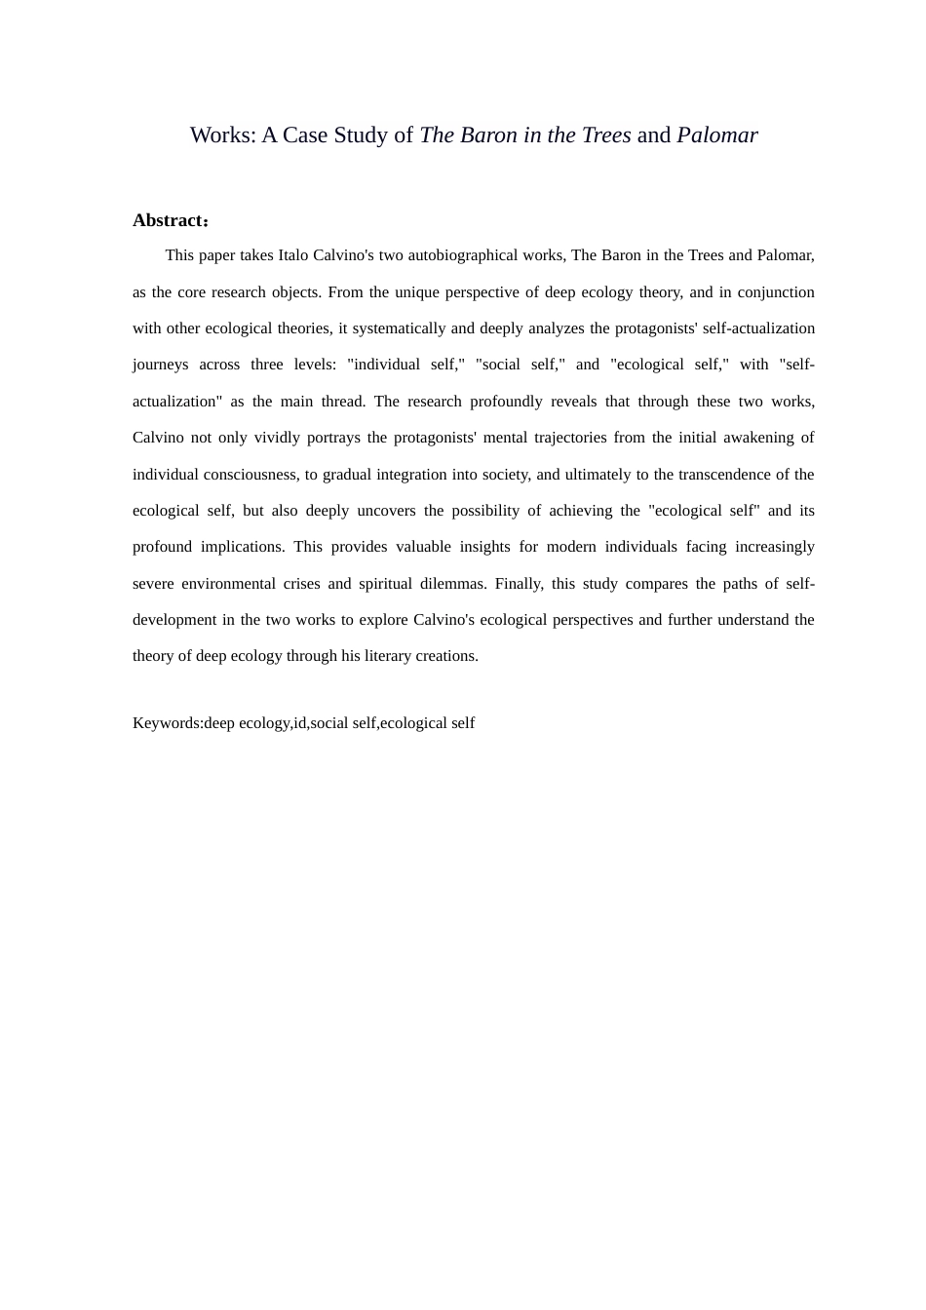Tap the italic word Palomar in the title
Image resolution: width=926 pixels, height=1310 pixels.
point(716,135)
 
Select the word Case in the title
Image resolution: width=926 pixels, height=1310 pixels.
point(305,135)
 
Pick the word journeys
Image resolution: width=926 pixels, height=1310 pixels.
point(161,365)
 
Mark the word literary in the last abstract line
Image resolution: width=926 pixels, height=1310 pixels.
point(392,656)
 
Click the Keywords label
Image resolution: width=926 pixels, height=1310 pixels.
point(167,723)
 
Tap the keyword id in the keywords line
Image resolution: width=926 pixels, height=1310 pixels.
point(299,723)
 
